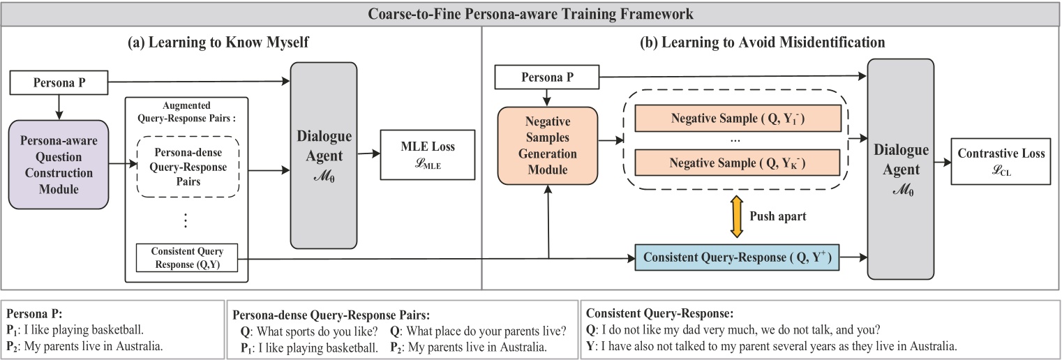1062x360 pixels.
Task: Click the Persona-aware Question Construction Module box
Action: point(59,164)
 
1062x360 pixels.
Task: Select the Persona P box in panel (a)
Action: point(59,84)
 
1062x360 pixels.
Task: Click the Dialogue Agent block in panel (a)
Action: point(323,155)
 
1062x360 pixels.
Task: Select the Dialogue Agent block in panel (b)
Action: point(900,170)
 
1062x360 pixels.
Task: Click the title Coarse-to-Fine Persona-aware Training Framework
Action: point(530,13)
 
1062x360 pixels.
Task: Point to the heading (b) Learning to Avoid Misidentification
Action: point(763,43)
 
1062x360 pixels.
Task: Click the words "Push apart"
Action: point(777,216)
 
